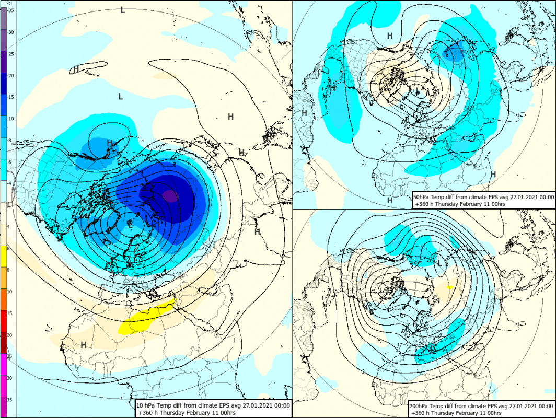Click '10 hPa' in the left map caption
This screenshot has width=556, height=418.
tap(146, 405)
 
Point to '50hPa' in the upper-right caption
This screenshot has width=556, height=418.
tap(422, 197)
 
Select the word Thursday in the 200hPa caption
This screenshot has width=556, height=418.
tap(452, 412)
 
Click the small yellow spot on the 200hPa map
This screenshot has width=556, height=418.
tap(450, 287)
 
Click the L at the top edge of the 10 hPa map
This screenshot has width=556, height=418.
tap(123, 9)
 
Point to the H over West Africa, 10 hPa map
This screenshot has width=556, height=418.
tap(83, 345)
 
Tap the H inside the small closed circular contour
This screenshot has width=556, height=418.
tap(110, 142)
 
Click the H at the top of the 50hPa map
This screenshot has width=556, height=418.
tap(389, 36)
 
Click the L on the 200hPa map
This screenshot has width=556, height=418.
tap(439, 262)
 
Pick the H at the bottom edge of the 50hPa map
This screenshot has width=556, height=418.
tap(389, 200)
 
